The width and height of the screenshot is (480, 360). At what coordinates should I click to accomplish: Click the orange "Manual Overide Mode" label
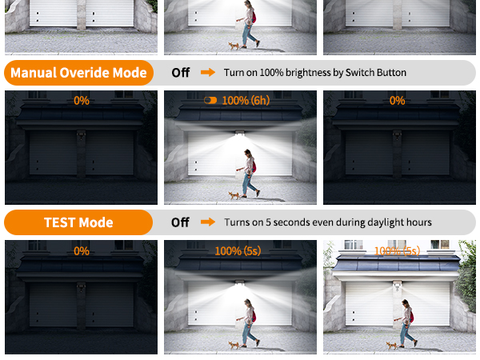click(78, 73)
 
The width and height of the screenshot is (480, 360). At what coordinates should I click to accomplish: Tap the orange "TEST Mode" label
click(78, 222)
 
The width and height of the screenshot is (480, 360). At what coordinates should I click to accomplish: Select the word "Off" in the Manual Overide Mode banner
click(181, 73)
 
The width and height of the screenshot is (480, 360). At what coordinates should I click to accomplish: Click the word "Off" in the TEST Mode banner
click(181, 222)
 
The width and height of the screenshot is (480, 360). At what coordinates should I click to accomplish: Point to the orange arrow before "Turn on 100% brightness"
click(208, 73)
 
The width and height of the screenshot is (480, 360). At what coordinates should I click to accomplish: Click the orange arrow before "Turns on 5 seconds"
click(208, 222)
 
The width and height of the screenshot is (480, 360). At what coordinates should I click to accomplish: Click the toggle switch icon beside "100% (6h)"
click(210, 101)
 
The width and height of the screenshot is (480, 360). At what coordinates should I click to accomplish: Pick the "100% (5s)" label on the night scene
click(238, 251)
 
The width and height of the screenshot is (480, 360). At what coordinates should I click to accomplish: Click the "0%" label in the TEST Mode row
click(82, 251)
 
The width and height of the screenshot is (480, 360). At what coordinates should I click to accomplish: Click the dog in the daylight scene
click(391, 345)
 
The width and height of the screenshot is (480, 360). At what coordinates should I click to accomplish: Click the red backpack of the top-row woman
click(254, 15)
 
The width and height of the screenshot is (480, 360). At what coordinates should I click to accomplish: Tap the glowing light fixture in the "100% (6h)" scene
click(241, 135)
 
